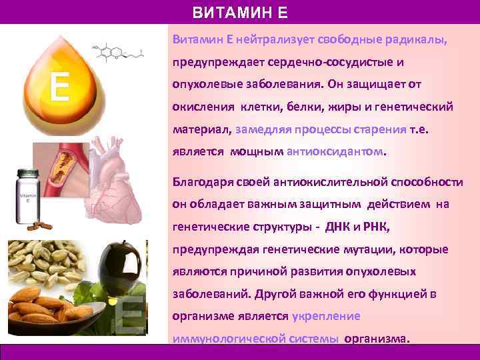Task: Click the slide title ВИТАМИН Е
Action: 241,13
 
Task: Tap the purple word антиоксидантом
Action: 335,151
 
